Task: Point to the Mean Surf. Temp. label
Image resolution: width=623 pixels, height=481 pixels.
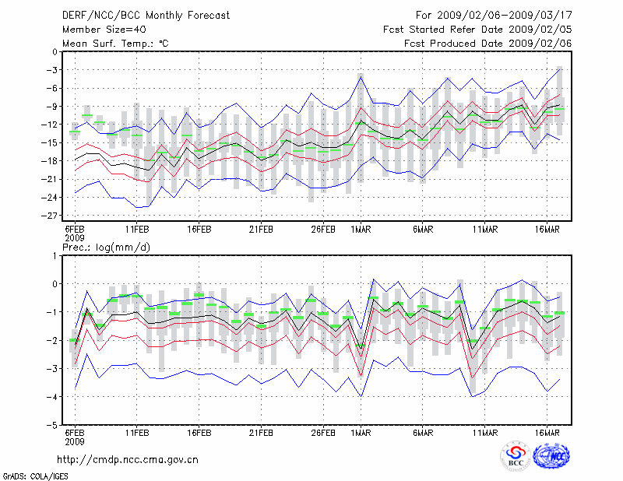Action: click(x=115, y=44)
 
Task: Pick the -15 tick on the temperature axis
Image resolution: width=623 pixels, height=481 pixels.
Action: click(x=53, y=142)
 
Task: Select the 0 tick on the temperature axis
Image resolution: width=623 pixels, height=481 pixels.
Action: click(x=56, y=51)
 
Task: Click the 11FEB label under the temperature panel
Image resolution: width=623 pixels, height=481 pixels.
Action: click(x=137, y=230)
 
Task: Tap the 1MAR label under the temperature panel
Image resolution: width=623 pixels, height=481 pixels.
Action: click(x=361, y=230)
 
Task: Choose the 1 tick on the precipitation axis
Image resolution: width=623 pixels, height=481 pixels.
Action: click(x=56, y=255)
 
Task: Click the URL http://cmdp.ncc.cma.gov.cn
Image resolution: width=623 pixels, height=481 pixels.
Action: click(x=128, y=459)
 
